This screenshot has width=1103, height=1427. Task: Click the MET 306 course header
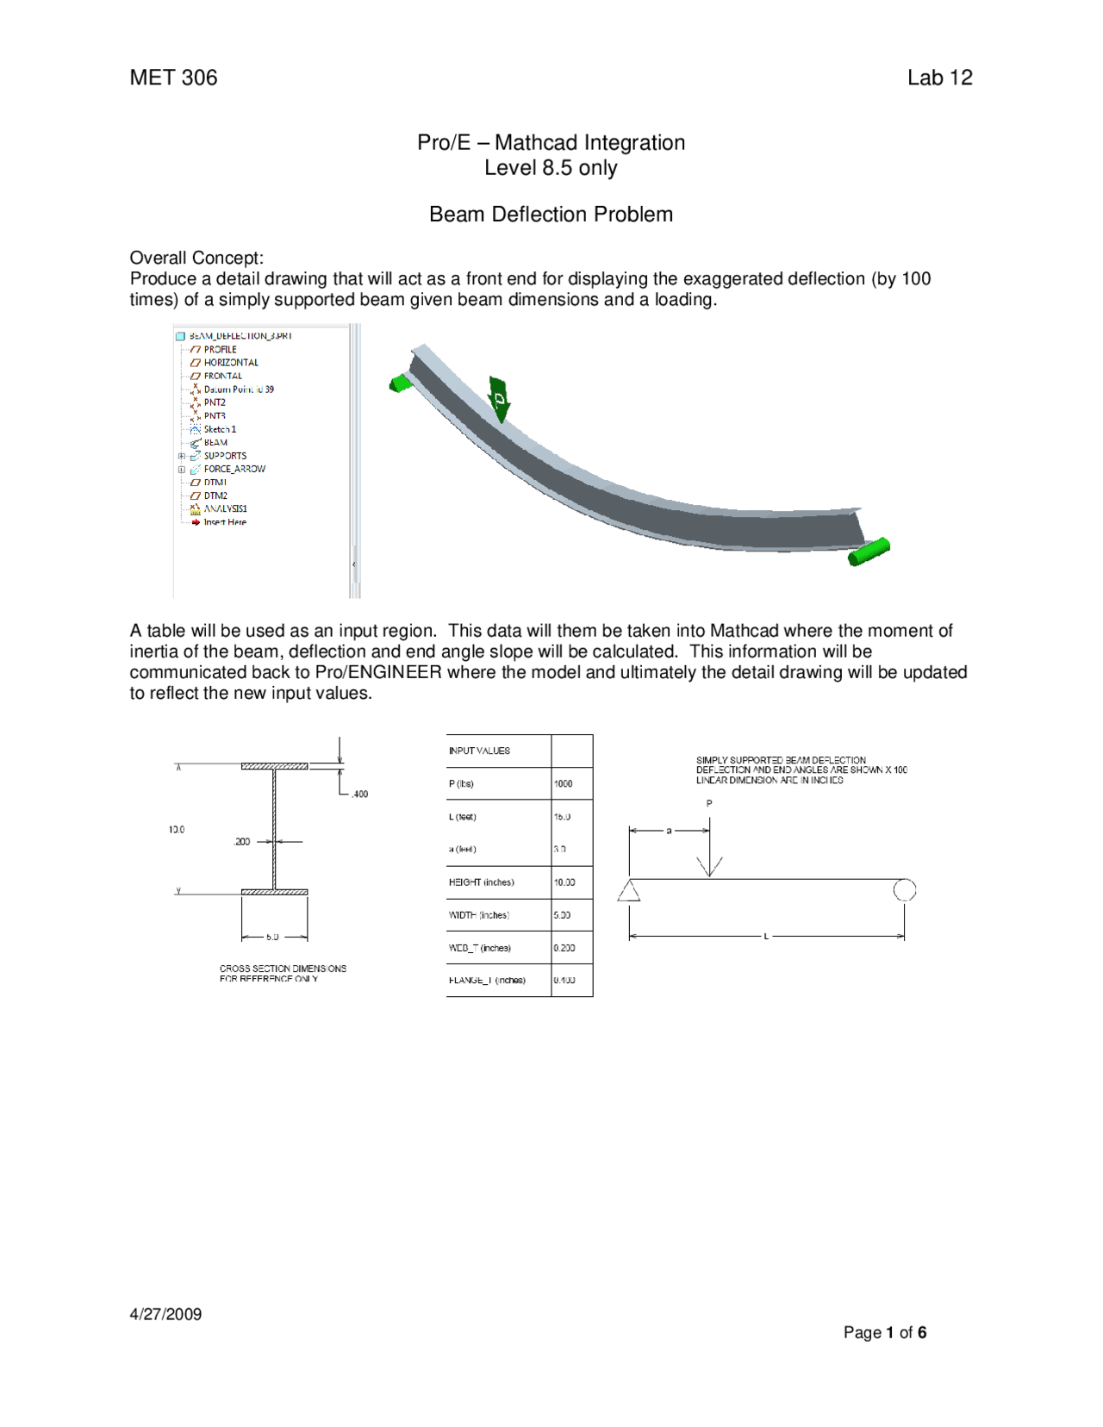click(173, 78)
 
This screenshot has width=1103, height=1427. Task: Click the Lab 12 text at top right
click(939, 78)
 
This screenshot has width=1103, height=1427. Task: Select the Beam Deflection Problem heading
click(551, 215)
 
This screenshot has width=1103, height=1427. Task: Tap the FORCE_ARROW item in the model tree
click(234, 469)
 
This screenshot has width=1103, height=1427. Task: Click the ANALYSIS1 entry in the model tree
click(225, 508)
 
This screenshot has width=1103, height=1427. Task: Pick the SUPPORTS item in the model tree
click(224, 456)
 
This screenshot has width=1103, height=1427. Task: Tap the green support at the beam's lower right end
click(869, 551)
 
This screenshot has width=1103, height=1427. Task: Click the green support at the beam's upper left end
click(400, 383)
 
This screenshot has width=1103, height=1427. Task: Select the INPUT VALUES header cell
click(479, 751)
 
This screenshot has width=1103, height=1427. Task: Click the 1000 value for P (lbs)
click(563, 783)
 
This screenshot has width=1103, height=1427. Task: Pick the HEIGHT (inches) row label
click(481, 882)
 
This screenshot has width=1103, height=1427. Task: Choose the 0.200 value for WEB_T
click(564, 948)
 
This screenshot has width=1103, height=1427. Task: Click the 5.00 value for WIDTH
click(562, 915)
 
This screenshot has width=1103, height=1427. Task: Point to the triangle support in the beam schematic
click(629, 891)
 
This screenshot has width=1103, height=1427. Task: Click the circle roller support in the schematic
click(904, 889)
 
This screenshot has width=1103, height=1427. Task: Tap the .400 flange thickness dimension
click(359, 794)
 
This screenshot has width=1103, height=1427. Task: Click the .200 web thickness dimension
click(242, 841)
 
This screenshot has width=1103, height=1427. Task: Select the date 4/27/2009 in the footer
click(165, 1314)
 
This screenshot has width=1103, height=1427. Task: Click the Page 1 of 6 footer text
click(884, 1332)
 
